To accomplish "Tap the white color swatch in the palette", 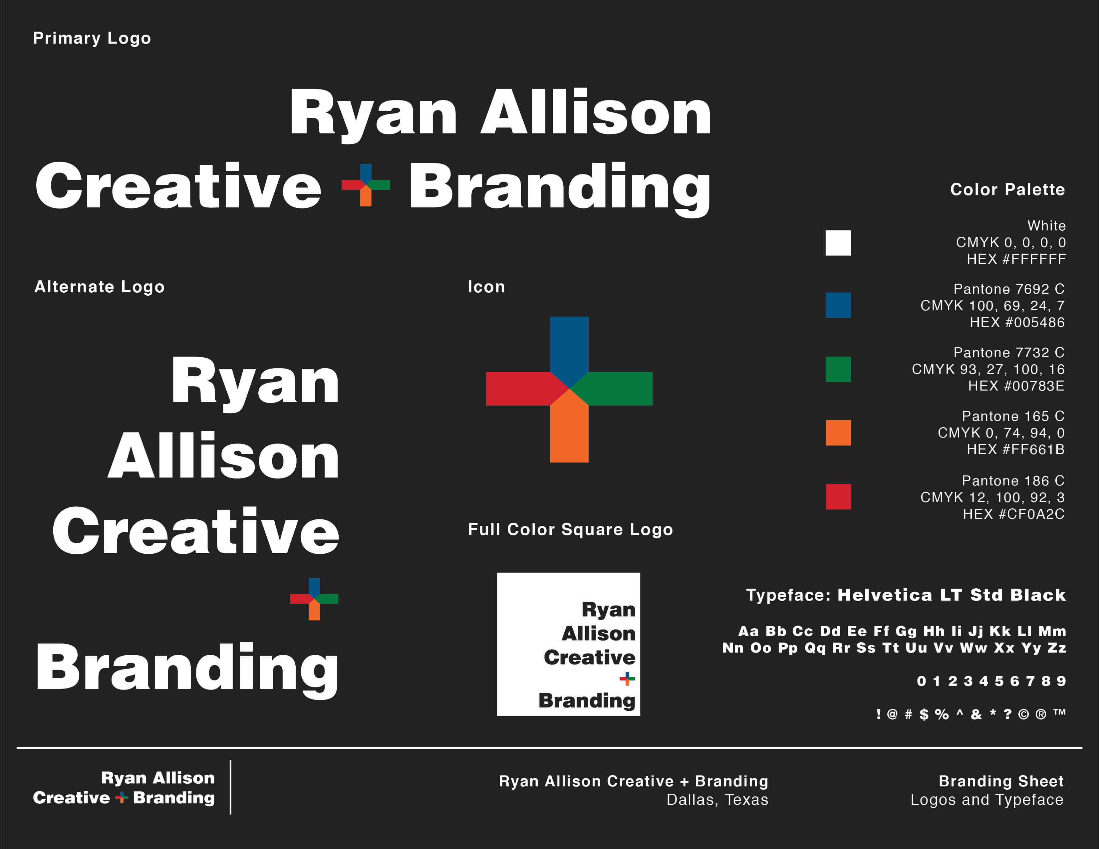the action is click(838, 243).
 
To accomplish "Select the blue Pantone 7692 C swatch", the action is click(838, 305).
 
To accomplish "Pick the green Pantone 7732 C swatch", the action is click(838, 369).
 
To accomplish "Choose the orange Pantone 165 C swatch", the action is click(838, 433).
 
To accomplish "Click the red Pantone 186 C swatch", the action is click(838, 497).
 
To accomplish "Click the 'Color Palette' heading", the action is click(1007, 190).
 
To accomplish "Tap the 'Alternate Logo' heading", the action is click(100, 287).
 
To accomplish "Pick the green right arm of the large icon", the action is click(617, 389).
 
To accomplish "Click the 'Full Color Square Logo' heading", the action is click(570, 529).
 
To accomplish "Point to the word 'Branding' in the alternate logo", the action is click(187, 669).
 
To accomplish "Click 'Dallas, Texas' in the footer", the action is click(717, 800).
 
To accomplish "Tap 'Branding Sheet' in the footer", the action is click(1001, 781).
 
